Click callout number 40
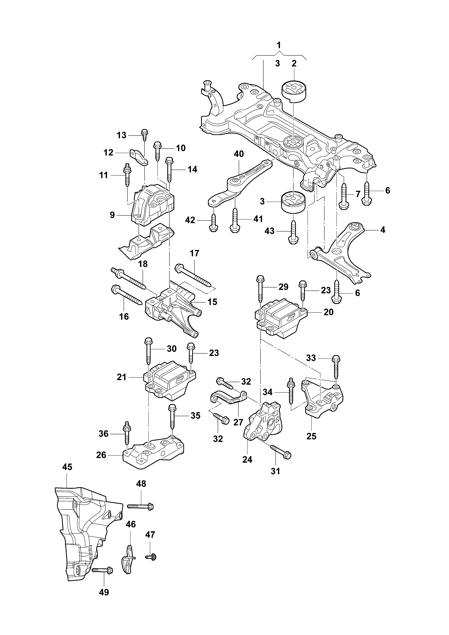[x=239, y=154]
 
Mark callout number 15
[x=212, y=302]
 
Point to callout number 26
[x=101, y=455]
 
